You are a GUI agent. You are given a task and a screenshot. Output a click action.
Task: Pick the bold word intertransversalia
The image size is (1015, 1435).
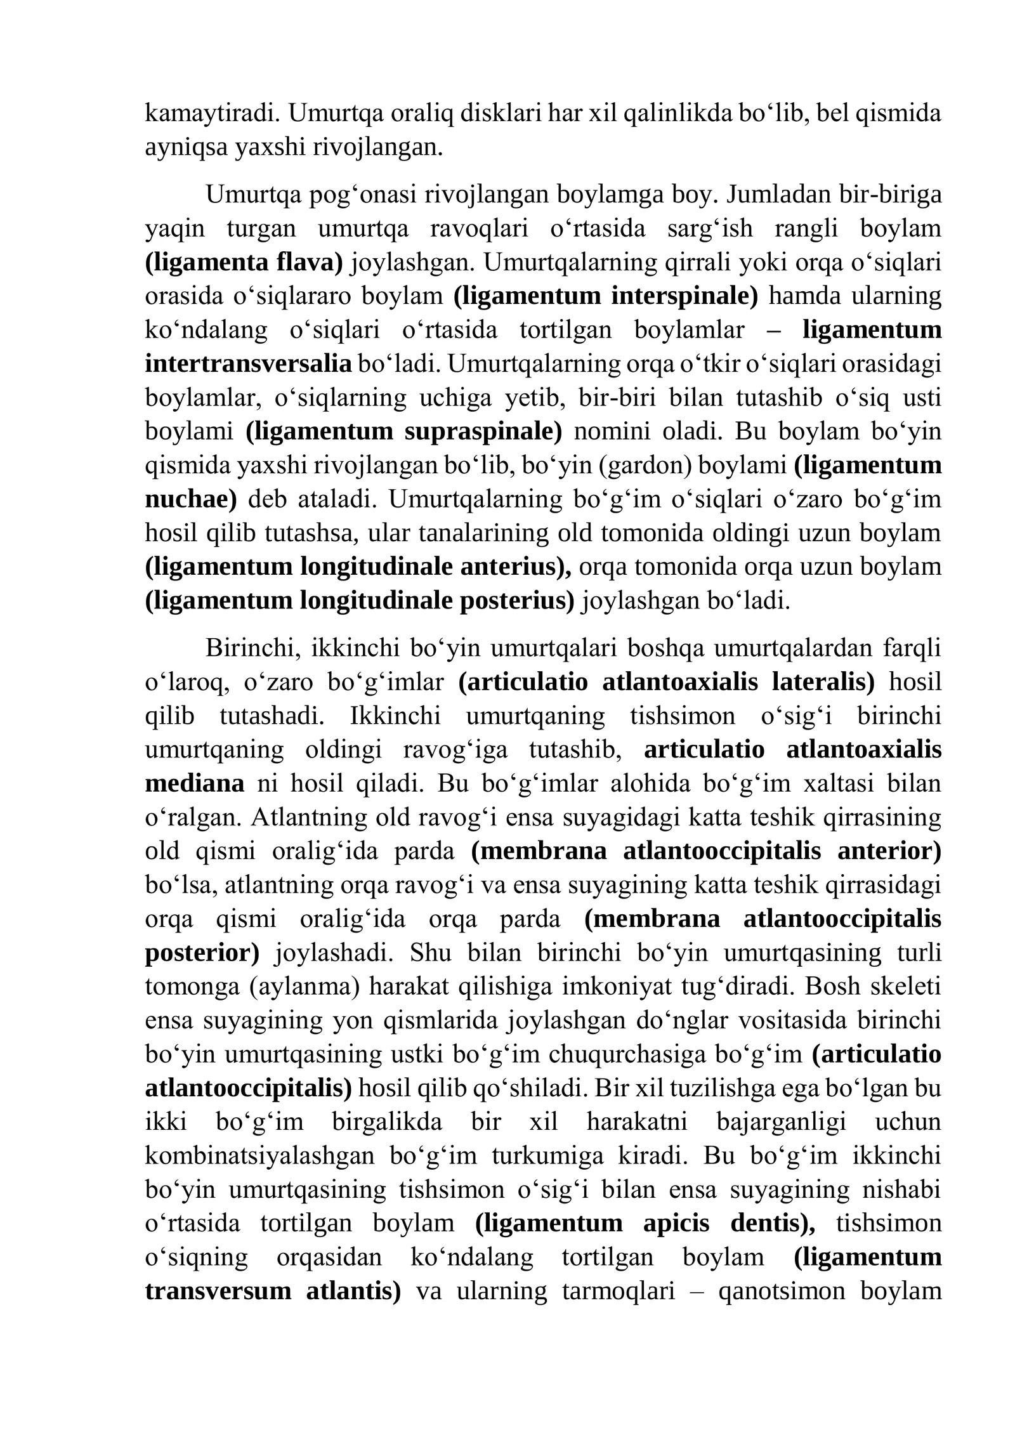[x=248, y=364]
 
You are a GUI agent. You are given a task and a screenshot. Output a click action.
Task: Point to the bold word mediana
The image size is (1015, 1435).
[x=194, y=783]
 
